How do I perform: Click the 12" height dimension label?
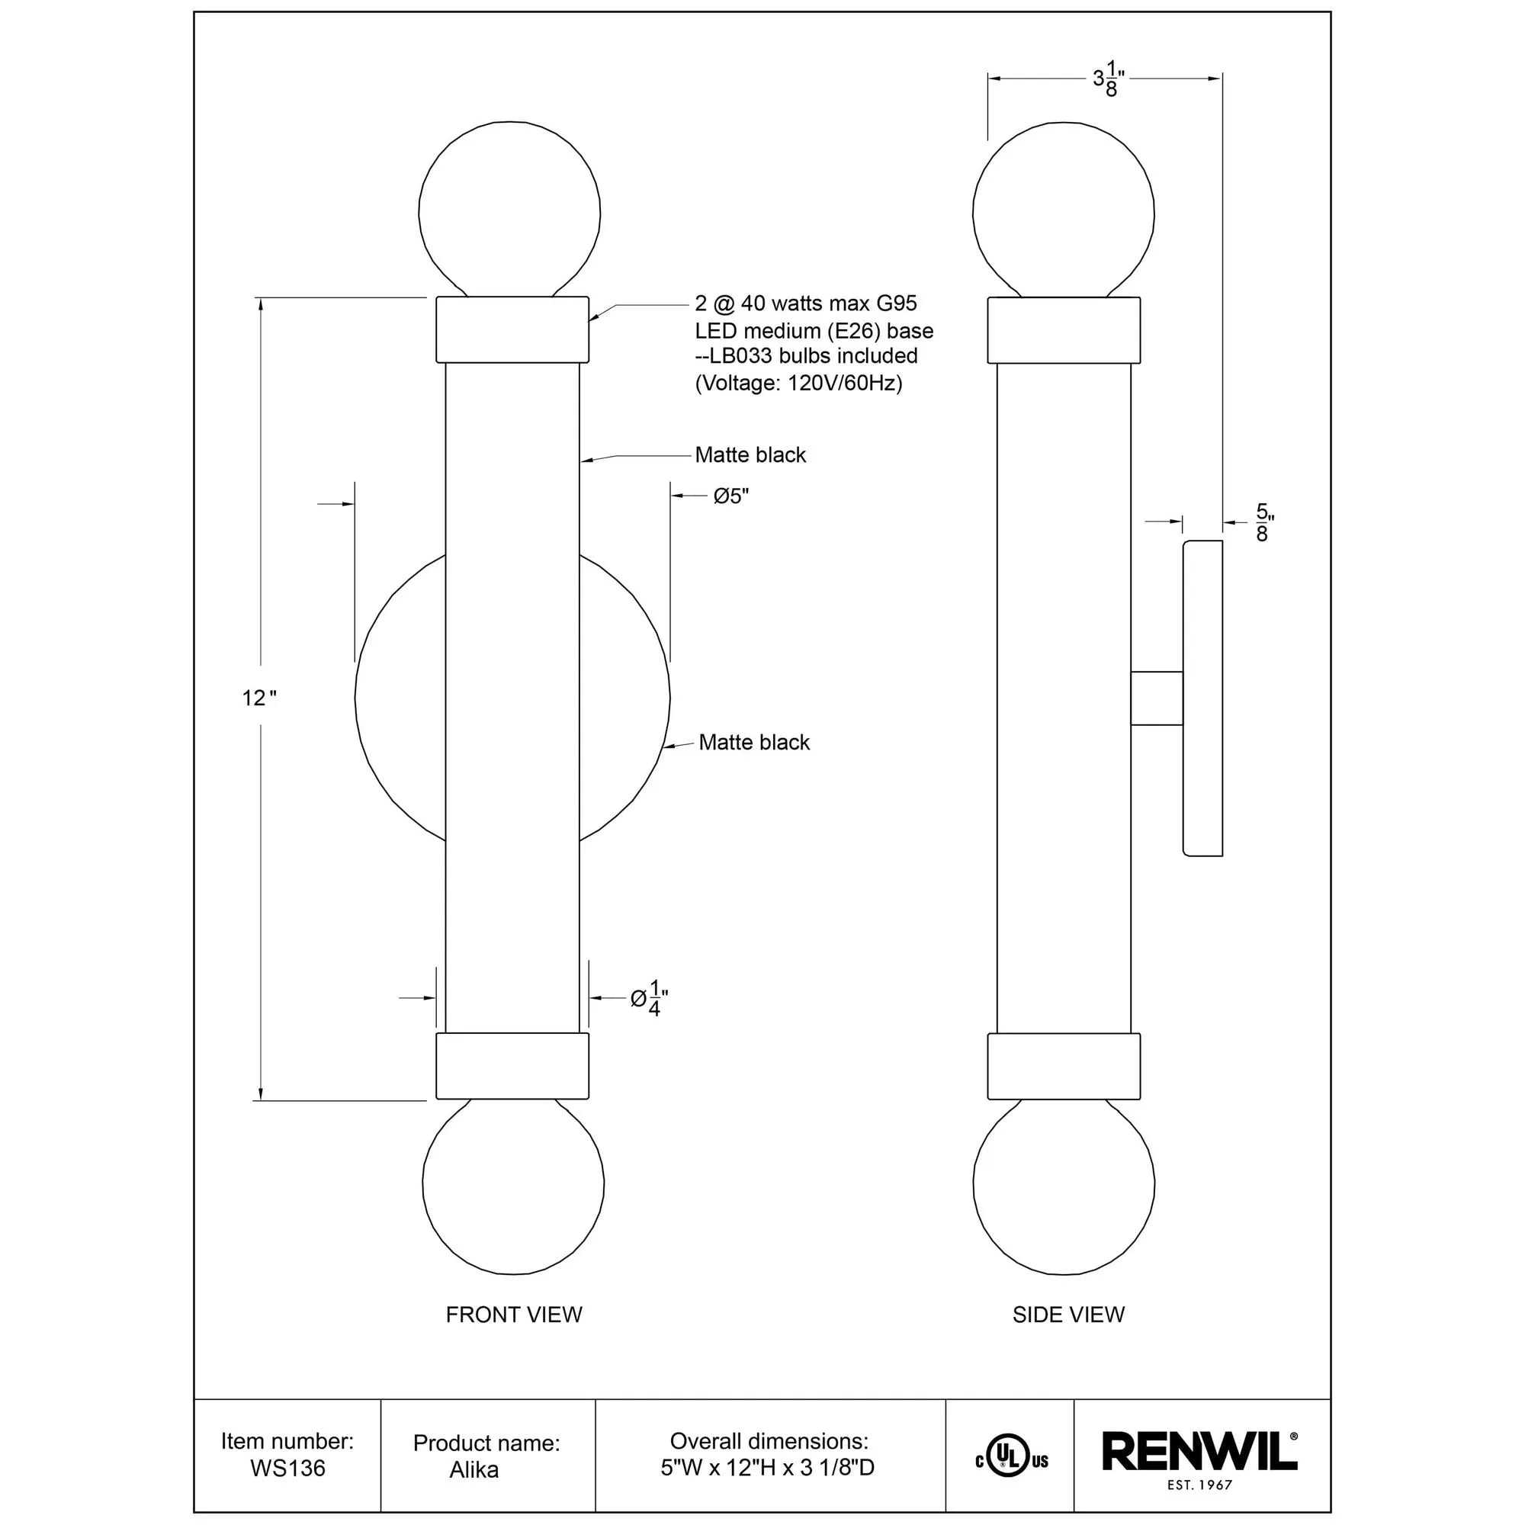point(259,698)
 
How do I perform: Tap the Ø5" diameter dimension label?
point(731,496)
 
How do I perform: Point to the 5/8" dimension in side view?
point(1263,522)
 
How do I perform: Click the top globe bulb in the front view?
point(510,209)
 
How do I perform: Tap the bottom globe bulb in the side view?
point(1063,1184)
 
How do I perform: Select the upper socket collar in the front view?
point(512,329)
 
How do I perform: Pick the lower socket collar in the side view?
point(1063,1066)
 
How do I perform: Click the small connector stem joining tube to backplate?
point(1157,698)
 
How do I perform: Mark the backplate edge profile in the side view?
point(1202,698)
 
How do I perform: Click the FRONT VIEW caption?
point(514,1315)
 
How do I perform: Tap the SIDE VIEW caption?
point(1068,1315)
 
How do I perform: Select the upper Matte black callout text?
point(750,454)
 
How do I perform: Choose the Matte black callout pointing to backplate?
point(754,742)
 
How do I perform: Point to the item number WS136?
point(287,1467)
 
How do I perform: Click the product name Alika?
point(474,1470)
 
